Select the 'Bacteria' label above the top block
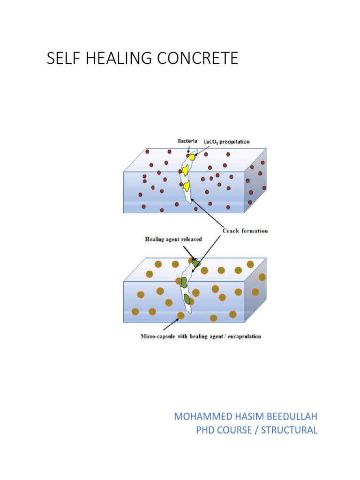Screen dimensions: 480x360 [187, 141]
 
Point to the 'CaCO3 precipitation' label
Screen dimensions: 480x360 [226, 141]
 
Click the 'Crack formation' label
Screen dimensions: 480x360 [245, 231]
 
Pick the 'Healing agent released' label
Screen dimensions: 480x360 [173, 239]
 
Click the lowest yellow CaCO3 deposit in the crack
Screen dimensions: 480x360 [186, 186]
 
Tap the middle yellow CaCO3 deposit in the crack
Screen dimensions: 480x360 [186, 169]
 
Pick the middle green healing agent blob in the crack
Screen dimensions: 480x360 [184, 282]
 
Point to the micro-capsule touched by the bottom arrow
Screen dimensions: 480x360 [181, 315]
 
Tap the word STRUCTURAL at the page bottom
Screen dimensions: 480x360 [289, 430]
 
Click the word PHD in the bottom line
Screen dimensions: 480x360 [206, 430]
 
